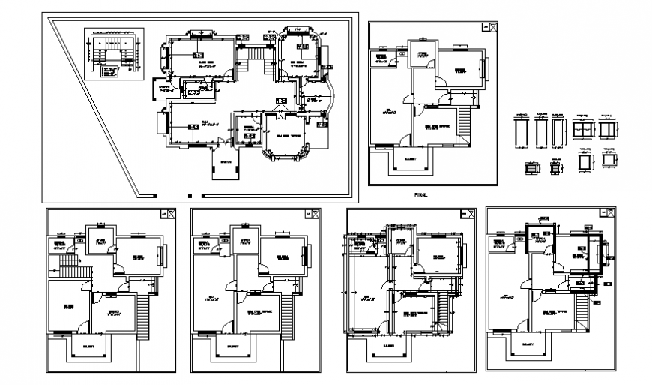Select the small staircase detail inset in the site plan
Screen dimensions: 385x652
pyautogui.click(x=112, y=54)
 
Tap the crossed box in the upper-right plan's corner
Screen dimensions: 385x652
pyautogui.click(x=492, y=27)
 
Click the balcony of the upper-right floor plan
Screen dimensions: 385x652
pyautogui.click(x=410, y=161)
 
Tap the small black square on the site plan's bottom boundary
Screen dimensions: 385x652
pyautogui.click(x=154, y=196)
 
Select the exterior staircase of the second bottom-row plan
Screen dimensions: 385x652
pyautogui.click(x=283, y=315)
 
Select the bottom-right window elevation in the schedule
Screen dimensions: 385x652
pyautogui.click(x=607, y=159)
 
